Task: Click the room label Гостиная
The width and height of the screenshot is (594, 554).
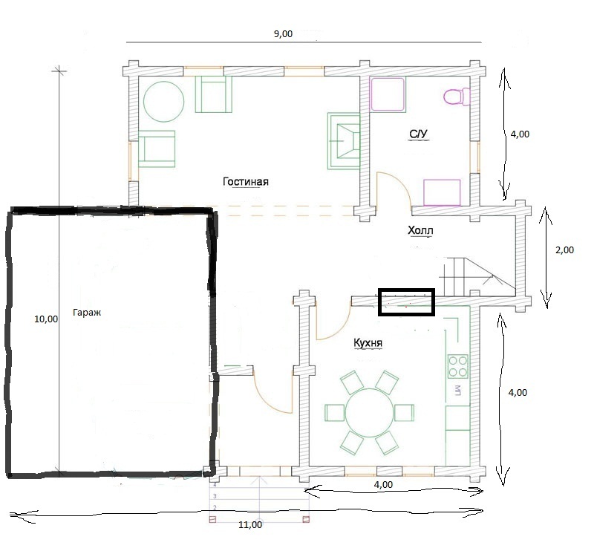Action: click(246, 181)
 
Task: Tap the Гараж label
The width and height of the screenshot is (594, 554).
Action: click(87, 313)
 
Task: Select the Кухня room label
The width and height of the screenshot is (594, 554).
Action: click(368, 343)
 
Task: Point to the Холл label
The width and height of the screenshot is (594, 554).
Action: click(420, 230)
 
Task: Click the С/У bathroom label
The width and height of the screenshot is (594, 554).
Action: click(418, 134)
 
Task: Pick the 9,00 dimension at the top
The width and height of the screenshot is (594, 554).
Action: click(283, 33)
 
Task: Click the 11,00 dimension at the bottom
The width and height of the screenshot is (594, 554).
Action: click(250, 525)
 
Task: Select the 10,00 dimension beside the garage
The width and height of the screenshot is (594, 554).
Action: click(46, 319)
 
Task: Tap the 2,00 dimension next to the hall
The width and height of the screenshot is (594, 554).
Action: click(564, 250)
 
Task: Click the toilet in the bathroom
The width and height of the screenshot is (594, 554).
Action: click(456, 97)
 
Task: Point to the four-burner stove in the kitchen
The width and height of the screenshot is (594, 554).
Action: click(457, 366)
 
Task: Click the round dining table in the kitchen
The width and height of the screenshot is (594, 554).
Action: click(368, 412)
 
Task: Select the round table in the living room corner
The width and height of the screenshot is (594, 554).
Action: click(163, 102)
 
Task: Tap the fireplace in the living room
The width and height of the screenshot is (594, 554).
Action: click(343, 141)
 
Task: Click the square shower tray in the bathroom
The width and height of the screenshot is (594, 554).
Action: click(388, 94)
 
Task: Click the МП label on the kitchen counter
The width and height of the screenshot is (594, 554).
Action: click(457, 390)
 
